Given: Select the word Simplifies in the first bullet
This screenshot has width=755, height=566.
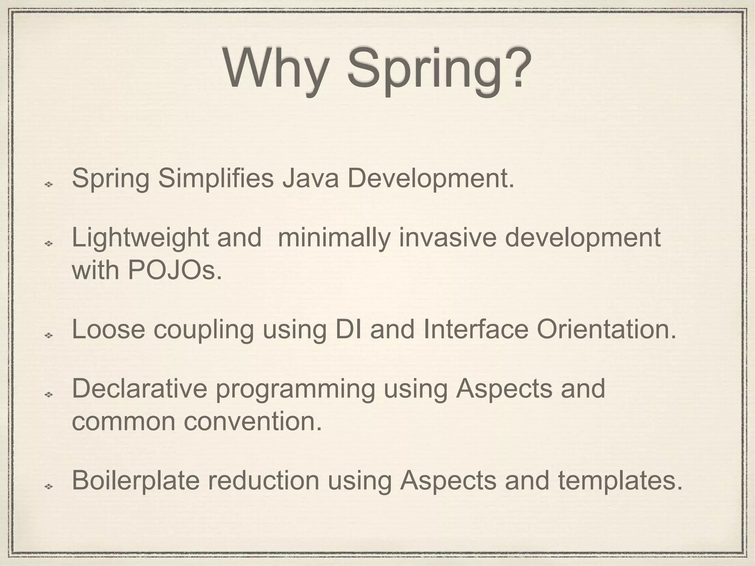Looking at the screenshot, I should (x=216, y=178).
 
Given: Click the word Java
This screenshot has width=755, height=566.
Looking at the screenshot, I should (x=310, y=178).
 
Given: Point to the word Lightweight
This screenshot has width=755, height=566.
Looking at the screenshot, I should (x=140, y=238).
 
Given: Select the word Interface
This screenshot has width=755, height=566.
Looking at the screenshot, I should (x=476, y=329).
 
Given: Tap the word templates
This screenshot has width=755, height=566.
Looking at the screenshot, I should (x=620, y=481).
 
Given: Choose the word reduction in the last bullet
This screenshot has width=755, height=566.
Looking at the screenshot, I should (x=264, y=481).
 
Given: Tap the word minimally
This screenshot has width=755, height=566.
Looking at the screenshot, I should (x=334, y=238).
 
